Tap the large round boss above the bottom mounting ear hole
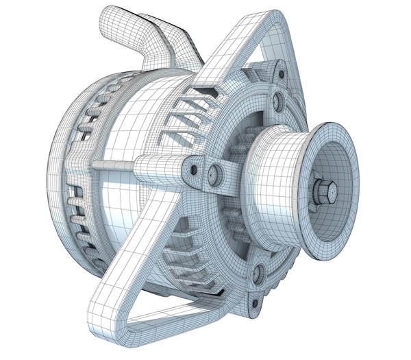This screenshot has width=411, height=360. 259,274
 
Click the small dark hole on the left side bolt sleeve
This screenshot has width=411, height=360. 194,169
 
